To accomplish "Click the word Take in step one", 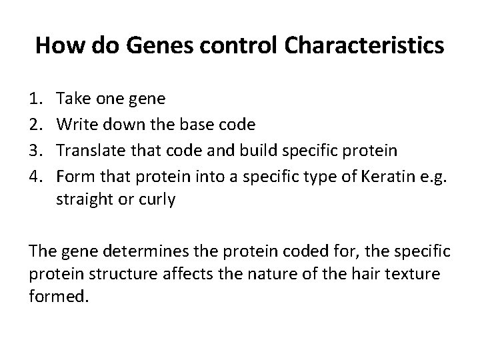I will tap(73, 99).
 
